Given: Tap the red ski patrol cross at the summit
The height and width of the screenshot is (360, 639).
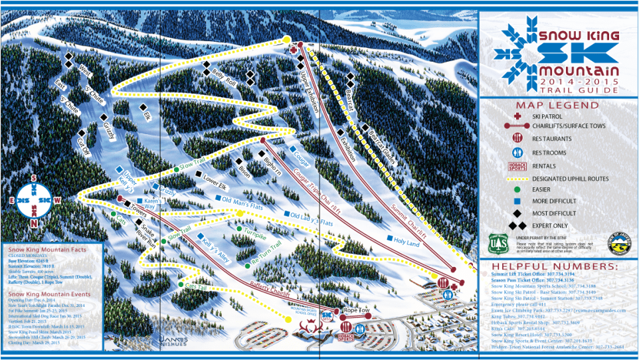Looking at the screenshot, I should click(x=293, y=49).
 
